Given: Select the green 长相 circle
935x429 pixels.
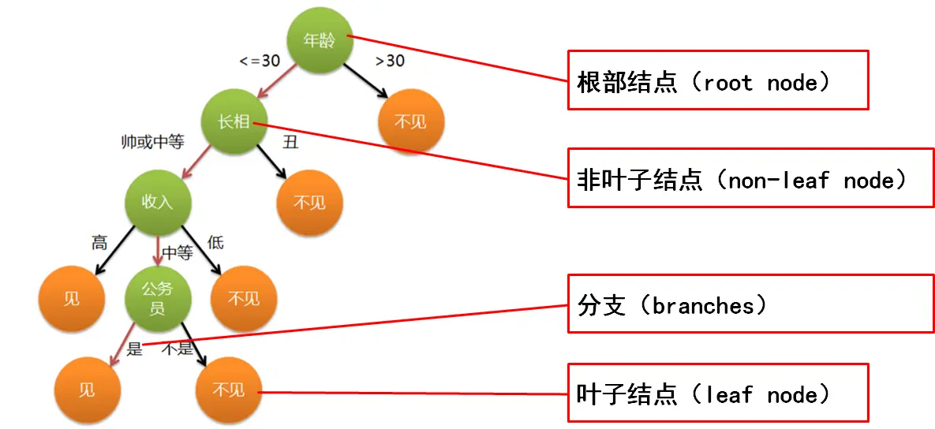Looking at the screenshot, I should click(234, 121).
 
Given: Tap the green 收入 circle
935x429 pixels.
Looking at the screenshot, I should click(158, 202).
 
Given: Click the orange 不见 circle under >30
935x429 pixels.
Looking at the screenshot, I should click(411, 121).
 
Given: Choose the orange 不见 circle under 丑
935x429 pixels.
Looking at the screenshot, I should click(309, 202).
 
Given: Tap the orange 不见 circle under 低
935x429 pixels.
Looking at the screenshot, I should click(244, 298).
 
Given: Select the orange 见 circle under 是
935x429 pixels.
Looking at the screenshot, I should click(87, 390).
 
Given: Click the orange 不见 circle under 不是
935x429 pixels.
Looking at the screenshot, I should click(230, 390).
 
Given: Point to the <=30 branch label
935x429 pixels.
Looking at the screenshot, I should click(260, 61).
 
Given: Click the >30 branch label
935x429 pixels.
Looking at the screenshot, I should click(390, 61).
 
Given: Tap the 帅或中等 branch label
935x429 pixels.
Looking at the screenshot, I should click(152, 142).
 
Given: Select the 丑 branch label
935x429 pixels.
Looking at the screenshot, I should click(291, 142).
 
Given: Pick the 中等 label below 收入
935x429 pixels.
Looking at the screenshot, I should click(178, 253).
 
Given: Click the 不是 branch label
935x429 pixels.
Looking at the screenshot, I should click(178, 349).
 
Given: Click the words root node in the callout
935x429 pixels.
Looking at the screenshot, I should click(765, 83).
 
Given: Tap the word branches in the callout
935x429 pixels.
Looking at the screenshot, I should click(700, 306).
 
